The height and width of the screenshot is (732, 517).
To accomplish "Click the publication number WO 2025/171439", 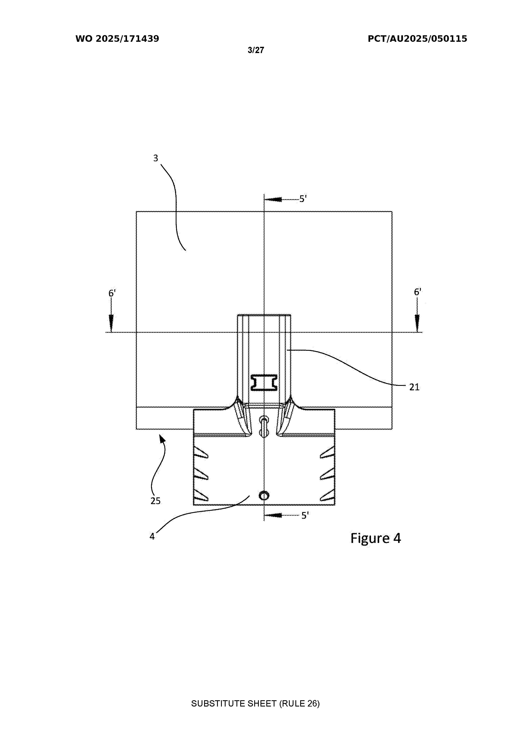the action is pos(117,39).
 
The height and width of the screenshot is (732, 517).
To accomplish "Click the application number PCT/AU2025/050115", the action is pos(418,39).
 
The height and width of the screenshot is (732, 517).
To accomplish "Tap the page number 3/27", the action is pos(256,50).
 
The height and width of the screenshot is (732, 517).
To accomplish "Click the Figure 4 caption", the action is pos(376,538).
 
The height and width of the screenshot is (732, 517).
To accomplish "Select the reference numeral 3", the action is pos(156,158).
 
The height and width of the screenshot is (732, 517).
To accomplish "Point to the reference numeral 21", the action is pos(414,387).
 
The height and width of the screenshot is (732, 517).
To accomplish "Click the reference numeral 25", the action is pos(156,501).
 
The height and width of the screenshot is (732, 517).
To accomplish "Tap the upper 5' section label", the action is pos(303,199).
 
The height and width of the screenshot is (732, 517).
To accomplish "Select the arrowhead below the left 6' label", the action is pos(111,323).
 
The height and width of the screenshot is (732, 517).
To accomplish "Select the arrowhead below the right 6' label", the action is pos(417,323).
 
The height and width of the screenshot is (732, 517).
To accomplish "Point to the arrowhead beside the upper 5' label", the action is pos(273,199).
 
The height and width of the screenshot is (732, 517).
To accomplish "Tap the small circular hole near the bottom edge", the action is pos(264,496).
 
